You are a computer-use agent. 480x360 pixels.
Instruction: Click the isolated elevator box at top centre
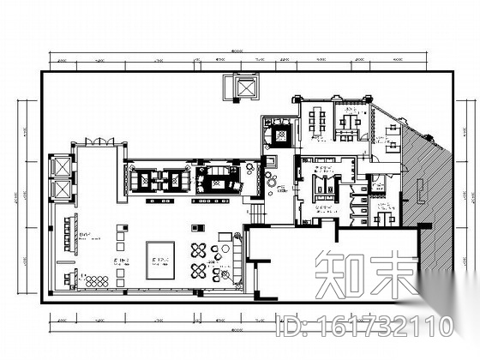tap(232, 87)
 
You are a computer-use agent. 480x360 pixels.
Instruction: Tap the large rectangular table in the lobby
tap(161, 255)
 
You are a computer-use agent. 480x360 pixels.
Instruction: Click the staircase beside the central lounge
tap(255, 208)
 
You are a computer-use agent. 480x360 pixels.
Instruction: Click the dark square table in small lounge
tap(281, 135)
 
